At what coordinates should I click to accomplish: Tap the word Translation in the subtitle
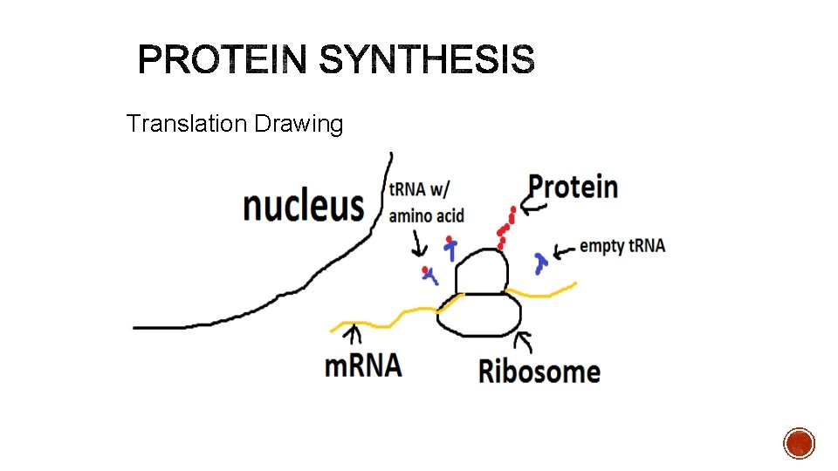coord(187,124)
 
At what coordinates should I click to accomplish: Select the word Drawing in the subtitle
coord(299,125)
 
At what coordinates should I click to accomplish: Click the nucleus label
coord(303,207)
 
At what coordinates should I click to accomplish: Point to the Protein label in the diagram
coord(574,187)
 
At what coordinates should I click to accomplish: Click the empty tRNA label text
coord(622,246)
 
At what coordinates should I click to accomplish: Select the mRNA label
coord(363,365)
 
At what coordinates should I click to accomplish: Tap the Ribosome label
coord(539,371)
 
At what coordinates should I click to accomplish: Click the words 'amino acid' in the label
coord(426,215)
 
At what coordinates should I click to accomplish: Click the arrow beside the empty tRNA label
coord(566,250)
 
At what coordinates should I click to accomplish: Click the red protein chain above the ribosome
coord(505,227)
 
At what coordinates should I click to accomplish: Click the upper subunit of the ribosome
coord(481,271)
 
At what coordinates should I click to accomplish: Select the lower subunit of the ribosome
coord(479,315)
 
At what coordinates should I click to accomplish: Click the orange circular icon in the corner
coord(799,442)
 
